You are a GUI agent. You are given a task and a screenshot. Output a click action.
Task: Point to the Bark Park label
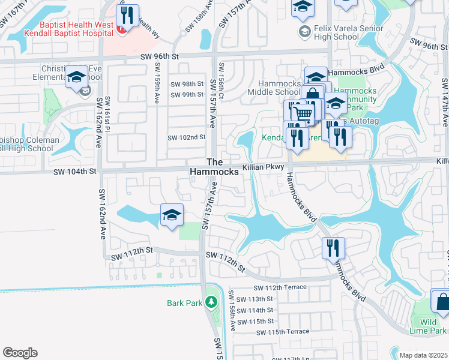pyautogui.click(x=185, y=303)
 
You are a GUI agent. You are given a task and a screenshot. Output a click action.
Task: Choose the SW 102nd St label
pyautogui.click(x=187, y=137)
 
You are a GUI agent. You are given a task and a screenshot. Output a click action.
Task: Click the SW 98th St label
pyautogui.click(x=187, y=84)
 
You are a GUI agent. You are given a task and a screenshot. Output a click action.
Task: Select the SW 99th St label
pyautogui.click(x=187, y=95)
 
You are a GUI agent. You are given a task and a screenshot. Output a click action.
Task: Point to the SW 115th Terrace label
pyautogui.click(x=283, y=332)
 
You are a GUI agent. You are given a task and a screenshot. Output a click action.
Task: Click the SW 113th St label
pyautogui.click(x=255, y=299)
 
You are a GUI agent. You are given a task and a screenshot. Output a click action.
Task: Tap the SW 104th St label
pyautogui.click(x=75, y=172)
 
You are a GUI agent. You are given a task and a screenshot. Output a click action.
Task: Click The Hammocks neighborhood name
pyautogui.click(x=214, y=167)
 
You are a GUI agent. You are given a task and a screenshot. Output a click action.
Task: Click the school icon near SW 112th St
pyautogui.click(x=172, y=215)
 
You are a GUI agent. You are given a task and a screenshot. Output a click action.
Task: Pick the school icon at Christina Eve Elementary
pyautogui.click(x=77, y=77)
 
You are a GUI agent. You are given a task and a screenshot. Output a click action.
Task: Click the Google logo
pyautogui.click(x=20, y=352)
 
